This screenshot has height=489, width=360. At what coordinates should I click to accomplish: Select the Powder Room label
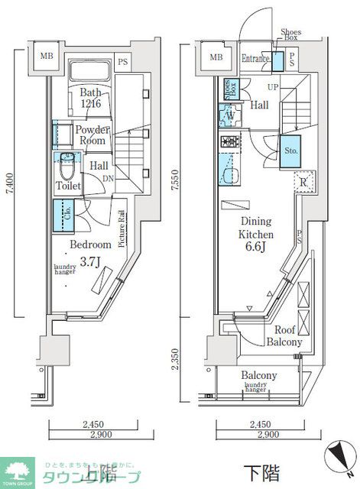92,134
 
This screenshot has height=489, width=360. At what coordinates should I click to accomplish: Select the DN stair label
109,178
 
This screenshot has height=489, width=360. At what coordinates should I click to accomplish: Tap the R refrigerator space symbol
303,182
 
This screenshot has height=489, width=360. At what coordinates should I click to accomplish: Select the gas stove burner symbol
230,141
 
